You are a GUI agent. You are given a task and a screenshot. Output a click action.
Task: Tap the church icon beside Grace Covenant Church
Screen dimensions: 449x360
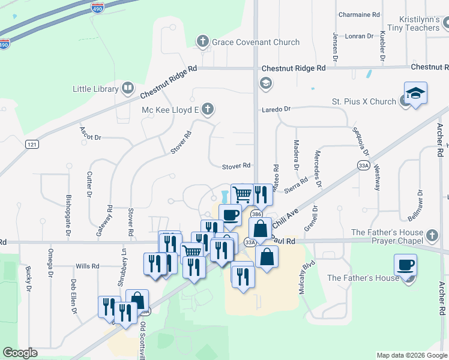[202, 41]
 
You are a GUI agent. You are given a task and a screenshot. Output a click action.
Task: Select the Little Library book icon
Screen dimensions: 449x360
[127, 89]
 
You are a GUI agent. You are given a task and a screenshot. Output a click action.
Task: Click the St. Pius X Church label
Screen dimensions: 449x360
[365, 101]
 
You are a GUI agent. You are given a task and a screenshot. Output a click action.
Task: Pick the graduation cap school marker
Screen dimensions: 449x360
[415, 93]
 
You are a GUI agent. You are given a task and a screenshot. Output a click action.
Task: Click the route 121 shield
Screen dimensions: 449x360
[32, 144]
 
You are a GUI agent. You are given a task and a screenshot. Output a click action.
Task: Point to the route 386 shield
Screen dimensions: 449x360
[256, 214]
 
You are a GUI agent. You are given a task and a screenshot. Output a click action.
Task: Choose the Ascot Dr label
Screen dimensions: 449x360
[90, 137]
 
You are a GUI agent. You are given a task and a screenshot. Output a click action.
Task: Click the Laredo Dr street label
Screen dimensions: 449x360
[276, 109]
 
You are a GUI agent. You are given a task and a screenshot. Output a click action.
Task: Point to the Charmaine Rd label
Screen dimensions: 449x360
[360, 14]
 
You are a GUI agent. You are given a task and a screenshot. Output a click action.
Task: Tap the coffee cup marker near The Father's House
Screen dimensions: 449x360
[405, 265]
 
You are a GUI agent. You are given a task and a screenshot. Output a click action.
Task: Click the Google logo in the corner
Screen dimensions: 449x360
[20, 353]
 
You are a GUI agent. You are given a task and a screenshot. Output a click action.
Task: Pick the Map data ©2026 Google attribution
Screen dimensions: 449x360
[412, 355]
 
